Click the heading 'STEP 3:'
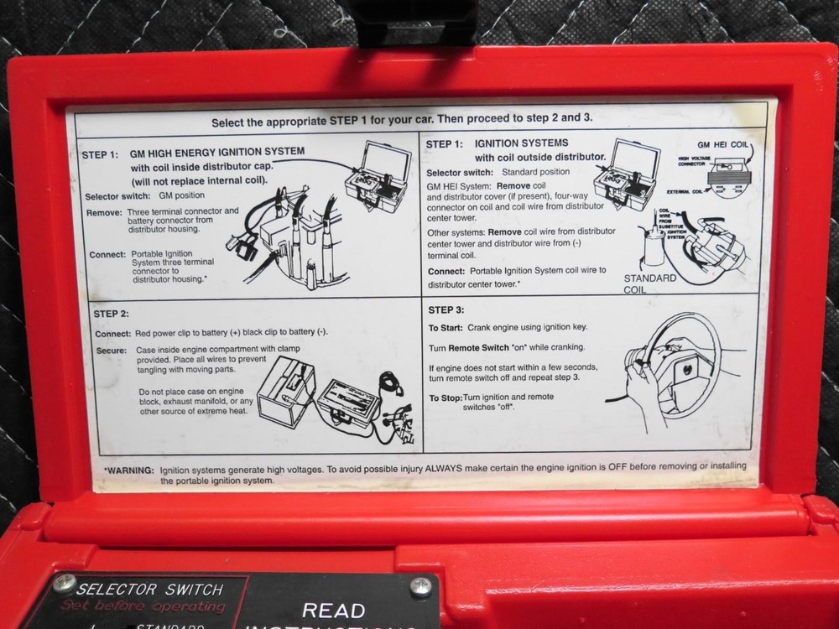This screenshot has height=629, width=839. pos(446,309)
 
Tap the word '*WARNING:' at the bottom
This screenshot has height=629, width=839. pos(128,470)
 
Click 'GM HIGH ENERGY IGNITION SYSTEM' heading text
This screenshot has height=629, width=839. pos(216,152)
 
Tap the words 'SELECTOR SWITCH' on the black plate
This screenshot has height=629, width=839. pos(149,589)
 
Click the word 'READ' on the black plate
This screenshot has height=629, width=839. pos(334,610)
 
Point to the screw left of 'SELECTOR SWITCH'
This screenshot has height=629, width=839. pos(64,583)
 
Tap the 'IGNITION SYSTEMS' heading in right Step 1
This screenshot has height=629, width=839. pos(521,143)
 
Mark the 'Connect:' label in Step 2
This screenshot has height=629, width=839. pos(112,333)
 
